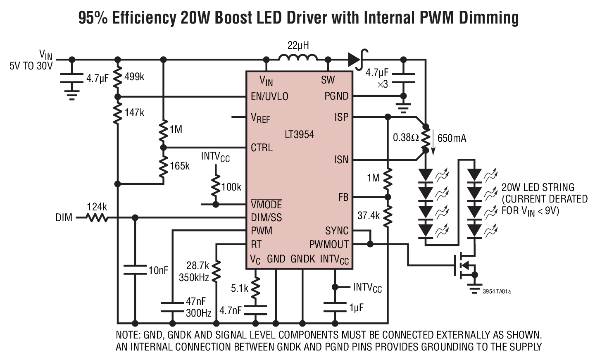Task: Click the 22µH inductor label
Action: coord(297,45)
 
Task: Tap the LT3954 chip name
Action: coord(299,134)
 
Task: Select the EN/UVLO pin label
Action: coord(269,96)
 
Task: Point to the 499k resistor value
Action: coord(134,77)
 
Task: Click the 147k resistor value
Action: coord(134,112)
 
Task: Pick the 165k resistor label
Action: coord(180,166)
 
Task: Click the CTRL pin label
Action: coord(262,148)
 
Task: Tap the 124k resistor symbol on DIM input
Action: coord(97,217)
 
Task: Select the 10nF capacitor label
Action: coord(158,271)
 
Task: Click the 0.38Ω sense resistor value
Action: coord(406,138)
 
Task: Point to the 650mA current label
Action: coord(452,138)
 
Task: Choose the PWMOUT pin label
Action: coord(329,244)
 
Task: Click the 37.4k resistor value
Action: coord(369,215)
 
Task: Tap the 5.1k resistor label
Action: coord(240,288)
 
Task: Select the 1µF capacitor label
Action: coord(357,308)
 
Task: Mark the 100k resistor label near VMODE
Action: coord(231,187)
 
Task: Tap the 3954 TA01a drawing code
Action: coord(496,292)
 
